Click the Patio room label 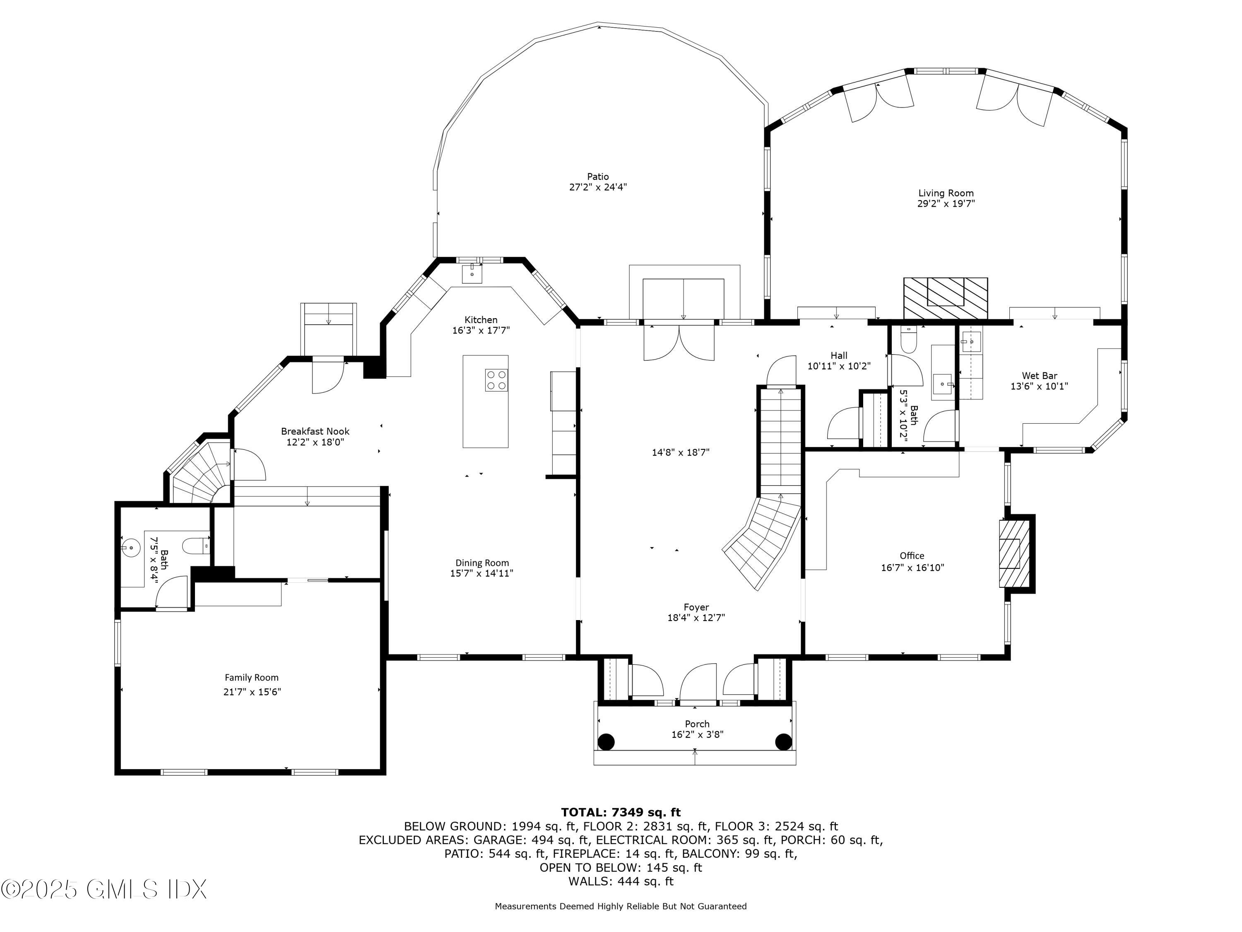[x=597, y=176]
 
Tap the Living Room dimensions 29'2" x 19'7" [x=946, y=204]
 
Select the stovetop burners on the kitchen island [x=496, y=380]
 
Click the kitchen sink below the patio [x=472, y=274]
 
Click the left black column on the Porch [x=606, y=741]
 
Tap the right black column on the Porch [x=783, y=741]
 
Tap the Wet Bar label [x=1039, y=376]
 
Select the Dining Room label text [x=482, y=563]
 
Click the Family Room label [x=252, y=678]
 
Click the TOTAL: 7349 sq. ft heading [x=621, y=812]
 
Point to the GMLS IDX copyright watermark [x=104, y=889]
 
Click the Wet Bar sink [x=970, y=341]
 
